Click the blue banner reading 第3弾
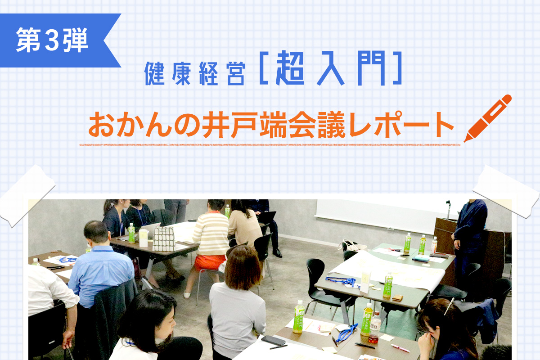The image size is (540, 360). (55, 40)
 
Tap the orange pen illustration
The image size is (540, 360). (487, 118)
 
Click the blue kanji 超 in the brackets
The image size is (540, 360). (290, 68)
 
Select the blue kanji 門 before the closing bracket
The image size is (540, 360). (371, 68)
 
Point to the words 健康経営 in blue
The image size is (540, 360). (195, 73)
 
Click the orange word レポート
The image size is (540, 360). (401, 125)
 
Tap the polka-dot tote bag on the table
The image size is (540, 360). (164, 238)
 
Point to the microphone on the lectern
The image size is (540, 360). (448, 209)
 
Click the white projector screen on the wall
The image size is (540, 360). (386, 215)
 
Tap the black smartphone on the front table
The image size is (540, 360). (274, 340)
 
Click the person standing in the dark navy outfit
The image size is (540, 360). (469, 243)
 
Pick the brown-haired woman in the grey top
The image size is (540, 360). (238, 301)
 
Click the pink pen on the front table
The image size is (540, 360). (400, 348)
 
